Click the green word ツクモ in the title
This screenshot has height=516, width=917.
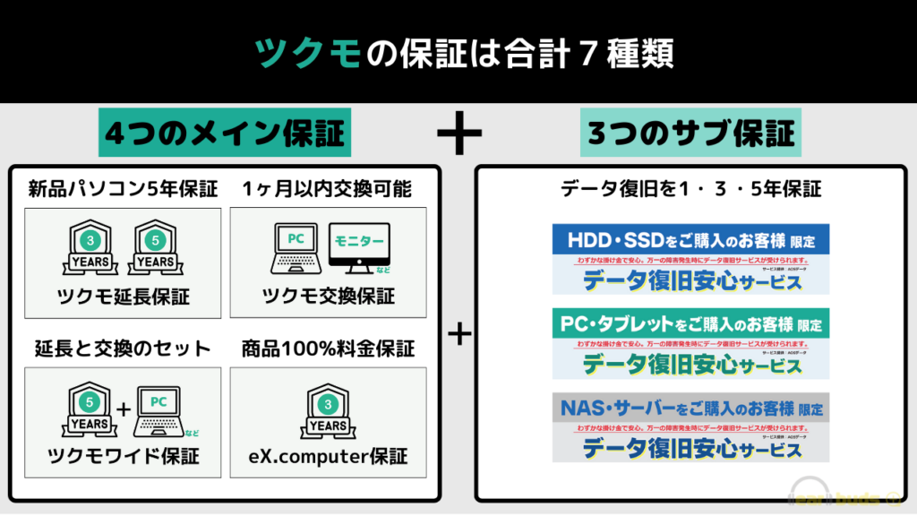308,53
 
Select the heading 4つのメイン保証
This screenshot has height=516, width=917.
224,134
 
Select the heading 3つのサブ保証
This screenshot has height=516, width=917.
690,134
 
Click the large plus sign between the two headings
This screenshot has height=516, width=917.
459,134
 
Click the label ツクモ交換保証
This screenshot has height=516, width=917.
329,297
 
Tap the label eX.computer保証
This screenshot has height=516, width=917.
328,456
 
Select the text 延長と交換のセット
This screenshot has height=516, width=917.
123,348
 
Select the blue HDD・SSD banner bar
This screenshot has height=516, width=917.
690,240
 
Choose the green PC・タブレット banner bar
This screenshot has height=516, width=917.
690,324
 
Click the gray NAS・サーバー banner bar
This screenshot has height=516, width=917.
690,408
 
